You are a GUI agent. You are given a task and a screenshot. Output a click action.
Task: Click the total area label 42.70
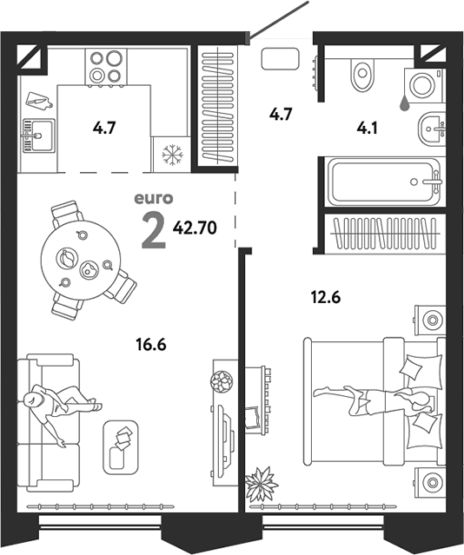click(x=195, y=228)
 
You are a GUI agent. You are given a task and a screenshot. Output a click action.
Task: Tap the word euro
click(x=154, y=199)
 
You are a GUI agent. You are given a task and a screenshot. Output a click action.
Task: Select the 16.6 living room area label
click(x=151, y=344)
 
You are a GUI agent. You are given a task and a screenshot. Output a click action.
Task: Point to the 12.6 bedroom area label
click(x=326, y=297)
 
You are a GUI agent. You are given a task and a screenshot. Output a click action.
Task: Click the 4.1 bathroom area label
click(x=367, y=129)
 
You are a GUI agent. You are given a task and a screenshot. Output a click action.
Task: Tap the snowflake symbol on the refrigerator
click(x=173, y=155)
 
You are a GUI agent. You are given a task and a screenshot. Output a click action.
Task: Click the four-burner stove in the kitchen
click(x=106, y=67)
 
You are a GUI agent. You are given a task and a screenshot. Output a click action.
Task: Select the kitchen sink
click(x=39, y=135)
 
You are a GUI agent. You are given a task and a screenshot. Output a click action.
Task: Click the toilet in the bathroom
click(x=362, y=75)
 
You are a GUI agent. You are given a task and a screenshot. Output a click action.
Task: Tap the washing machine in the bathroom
click(x=424, y=85)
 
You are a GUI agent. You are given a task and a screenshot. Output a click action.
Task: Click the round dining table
click(x=81, y=261)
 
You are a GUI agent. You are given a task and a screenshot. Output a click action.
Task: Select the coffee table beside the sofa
click(x=121, y=448)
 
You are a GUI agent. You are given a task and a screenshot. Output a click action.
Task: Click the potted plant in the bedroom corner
click(x=262, y=484)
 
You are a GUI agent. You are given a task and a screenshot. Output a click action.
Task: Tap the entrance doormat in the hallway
click(x=280, y=59)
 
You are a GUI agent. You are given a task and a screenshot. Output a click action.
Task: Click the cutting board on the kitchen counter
click(x=39, y=101)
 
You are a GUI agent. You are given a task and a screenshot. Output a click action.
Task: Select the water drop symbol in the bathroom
click(x=405, y=103)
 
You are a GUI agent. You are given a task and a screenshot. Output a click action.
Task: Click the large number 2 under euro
click(x=154, y=232)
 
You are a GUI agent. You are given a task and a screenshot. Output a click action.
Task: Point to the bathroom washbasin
click(x=431, y=129)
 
